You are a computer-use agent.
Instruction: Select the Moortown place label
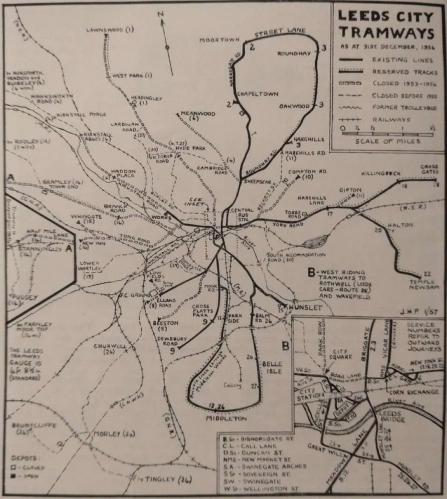click(x=220, y=39)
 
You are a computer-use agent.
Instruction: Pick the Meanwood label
click(x=198, y=114)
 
